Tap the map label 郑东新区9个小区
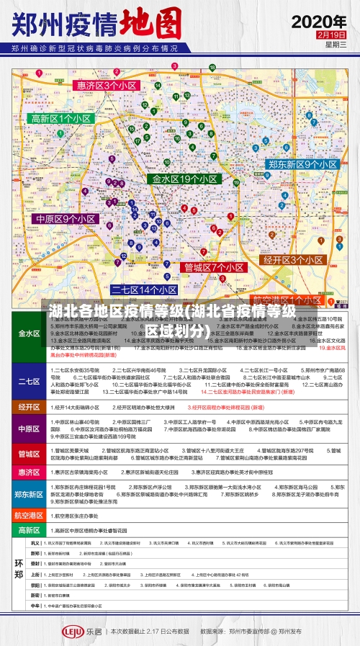pyautogui.click(x=302, y=164)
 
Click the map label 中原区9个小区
pyautogui.click(x=66, y=219)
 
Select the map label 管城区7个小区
pyautogui.click(x=214, y=267)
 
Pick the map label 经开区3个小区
pyautogui.click(x=292, y=260)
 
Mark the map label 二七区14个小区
pyautogui.click(x=143, y=290)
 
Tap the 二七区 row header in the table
pyautogui.click(x=30, y=382)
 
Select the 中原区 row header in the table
pyautogui.click(x=30, y=429)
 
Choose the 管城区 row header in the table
pyautogui.click(x=30, y=455)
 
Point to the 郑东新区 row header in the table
pyautogui.click(x=30, y=494)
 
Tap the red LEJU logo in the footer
pyautogui.click(x=73, y=631)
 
